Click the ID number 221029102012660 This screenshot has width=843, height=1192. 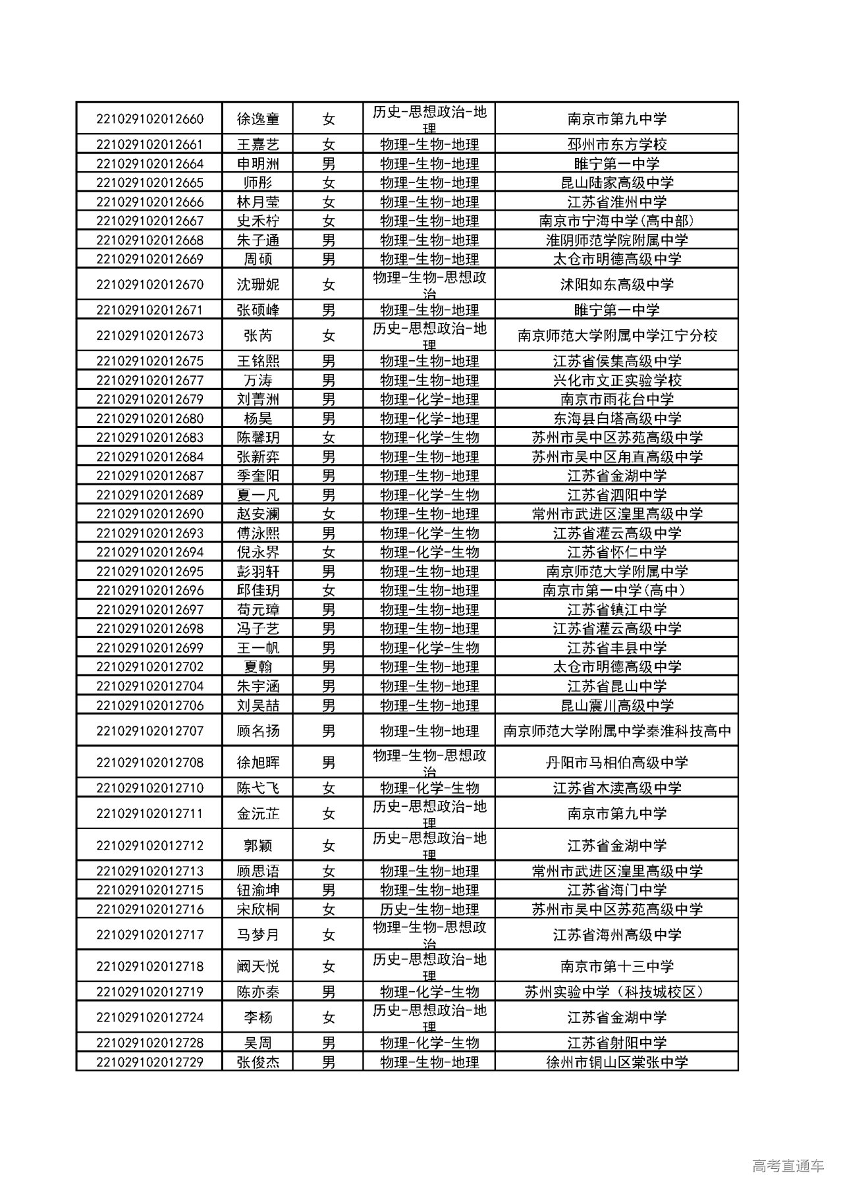150,119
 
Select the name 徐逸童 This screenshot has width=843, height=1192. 258,119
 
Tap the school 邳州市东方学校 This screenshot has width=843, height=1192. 616,145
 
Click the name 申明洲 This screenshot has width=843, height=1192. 258,164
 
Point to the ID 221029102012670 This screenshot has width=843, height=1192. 150,284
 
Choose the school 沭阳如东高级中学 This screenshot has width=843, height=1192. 616,284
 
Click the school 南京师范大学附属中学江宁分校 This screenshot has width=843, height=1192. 616,336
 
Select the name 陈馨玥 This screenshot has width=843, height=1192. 258,438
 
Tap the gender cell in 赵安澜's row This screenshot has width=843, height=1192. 328,514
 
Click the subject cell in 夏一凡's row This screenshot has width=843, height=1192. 429,495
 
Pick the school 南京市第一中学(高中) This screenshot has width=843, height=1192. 616,591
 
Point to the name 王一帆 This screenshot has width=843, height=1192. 258,648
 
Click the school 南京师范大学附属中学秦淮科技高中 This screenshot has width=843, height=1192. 616,731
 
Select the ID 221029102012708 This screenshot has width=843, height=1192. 150,763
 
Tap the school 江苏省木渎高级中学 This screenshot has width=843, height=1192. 616,788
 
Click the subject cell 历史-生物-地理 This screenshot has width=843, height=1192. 429,909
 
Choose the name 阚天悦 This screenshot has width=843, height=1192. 258,967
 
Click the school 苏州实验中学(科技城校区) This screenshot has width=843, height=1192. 616,992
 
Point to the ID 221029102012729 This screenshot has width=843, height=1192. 150,1062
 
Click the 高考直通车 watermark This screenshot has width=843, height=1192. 788,1167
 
